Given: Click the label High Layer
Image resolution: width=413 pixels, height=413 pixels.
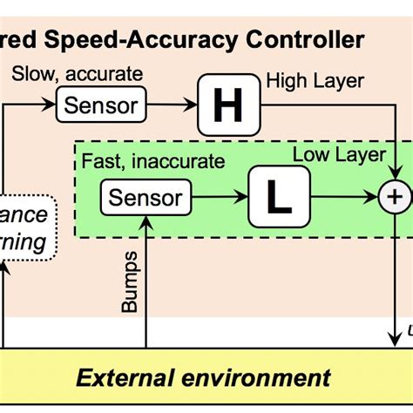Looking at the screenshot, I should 315,82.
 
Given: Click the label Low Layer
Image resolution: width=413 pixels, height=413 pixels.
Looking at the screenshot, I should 339,155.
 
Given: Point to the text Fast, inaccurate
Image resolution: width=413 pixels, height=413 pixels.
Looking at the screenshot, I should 152,161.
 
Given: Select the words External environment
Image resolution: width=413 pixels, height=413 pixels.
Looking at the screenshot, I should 203,377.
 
